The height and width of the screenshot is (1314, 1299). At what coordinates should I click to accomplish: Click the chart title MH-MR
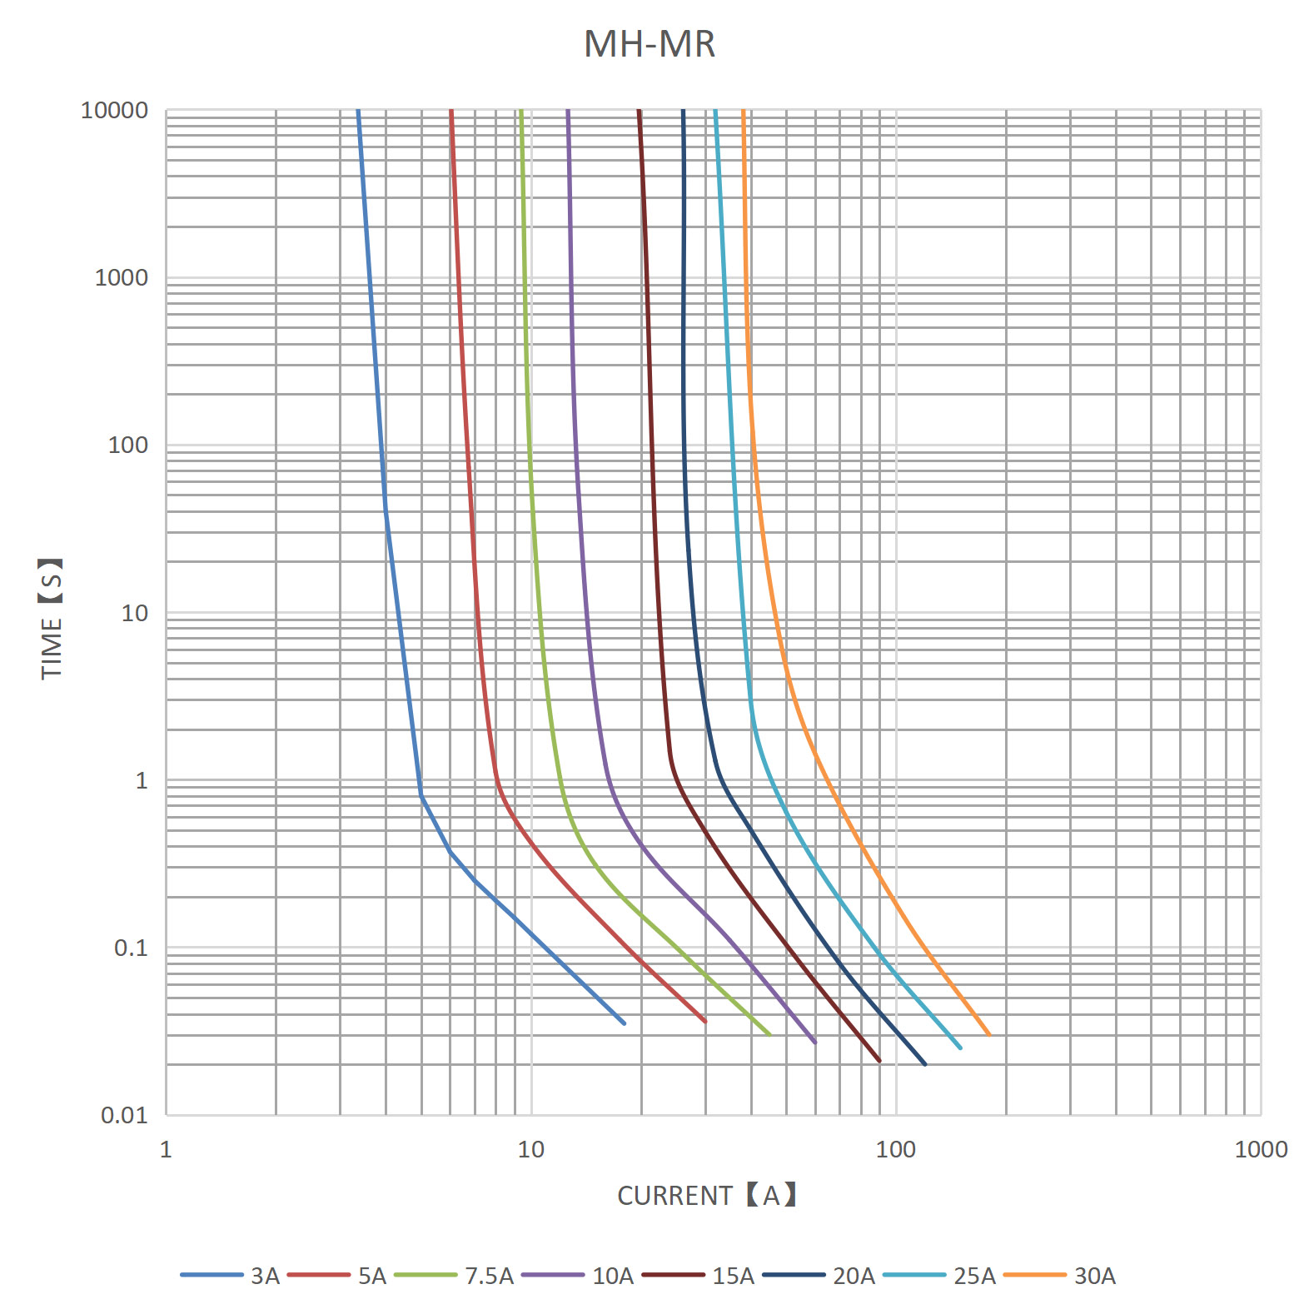(649, 44)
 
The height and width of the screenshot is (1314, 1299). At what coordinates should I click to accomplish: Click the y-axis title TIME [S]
(52, 618)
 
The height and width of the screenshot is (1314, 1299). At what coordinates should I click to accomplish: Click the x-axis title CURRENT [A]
(707, 1195)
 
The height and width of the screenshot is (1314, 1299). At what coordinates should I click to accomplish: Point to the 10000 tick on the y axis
(114, 110)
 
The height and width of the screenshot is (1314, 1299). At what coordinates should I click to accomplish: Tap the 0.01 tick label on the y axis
(124, 1115)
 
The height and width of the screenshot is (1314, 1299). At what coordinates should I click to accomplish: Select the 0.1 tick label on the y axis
(131, 948)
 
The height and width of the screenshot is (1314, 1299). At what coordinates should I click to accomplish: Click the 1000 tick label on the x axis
(1260, 1150)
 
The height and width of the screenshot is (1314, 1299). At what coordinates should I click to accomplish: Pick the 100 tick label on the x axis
(895, 1150)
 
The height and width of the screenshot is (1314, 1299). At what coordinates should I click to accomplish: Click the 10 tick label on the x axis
(530, 1150)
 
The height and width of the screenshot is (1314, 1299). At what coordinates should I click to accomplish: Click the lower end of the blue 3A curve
(624, 1023)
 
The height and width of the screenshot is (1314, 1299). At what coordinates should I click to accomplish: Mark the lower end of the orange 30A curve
(989, 1035)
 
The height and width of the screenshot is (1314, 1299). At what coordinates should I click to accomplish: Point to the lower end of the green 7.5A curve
(769, 1035)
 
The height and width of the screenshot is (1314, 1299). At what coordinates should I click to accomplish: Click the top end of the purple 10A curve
(568, 111)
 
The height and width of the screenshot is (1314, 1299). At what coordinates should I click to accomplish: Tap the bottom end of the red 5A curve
(704, 1021)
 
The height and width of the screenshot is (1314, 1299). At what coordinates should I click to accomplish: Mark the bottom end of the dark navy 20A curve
(925, 1064)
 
